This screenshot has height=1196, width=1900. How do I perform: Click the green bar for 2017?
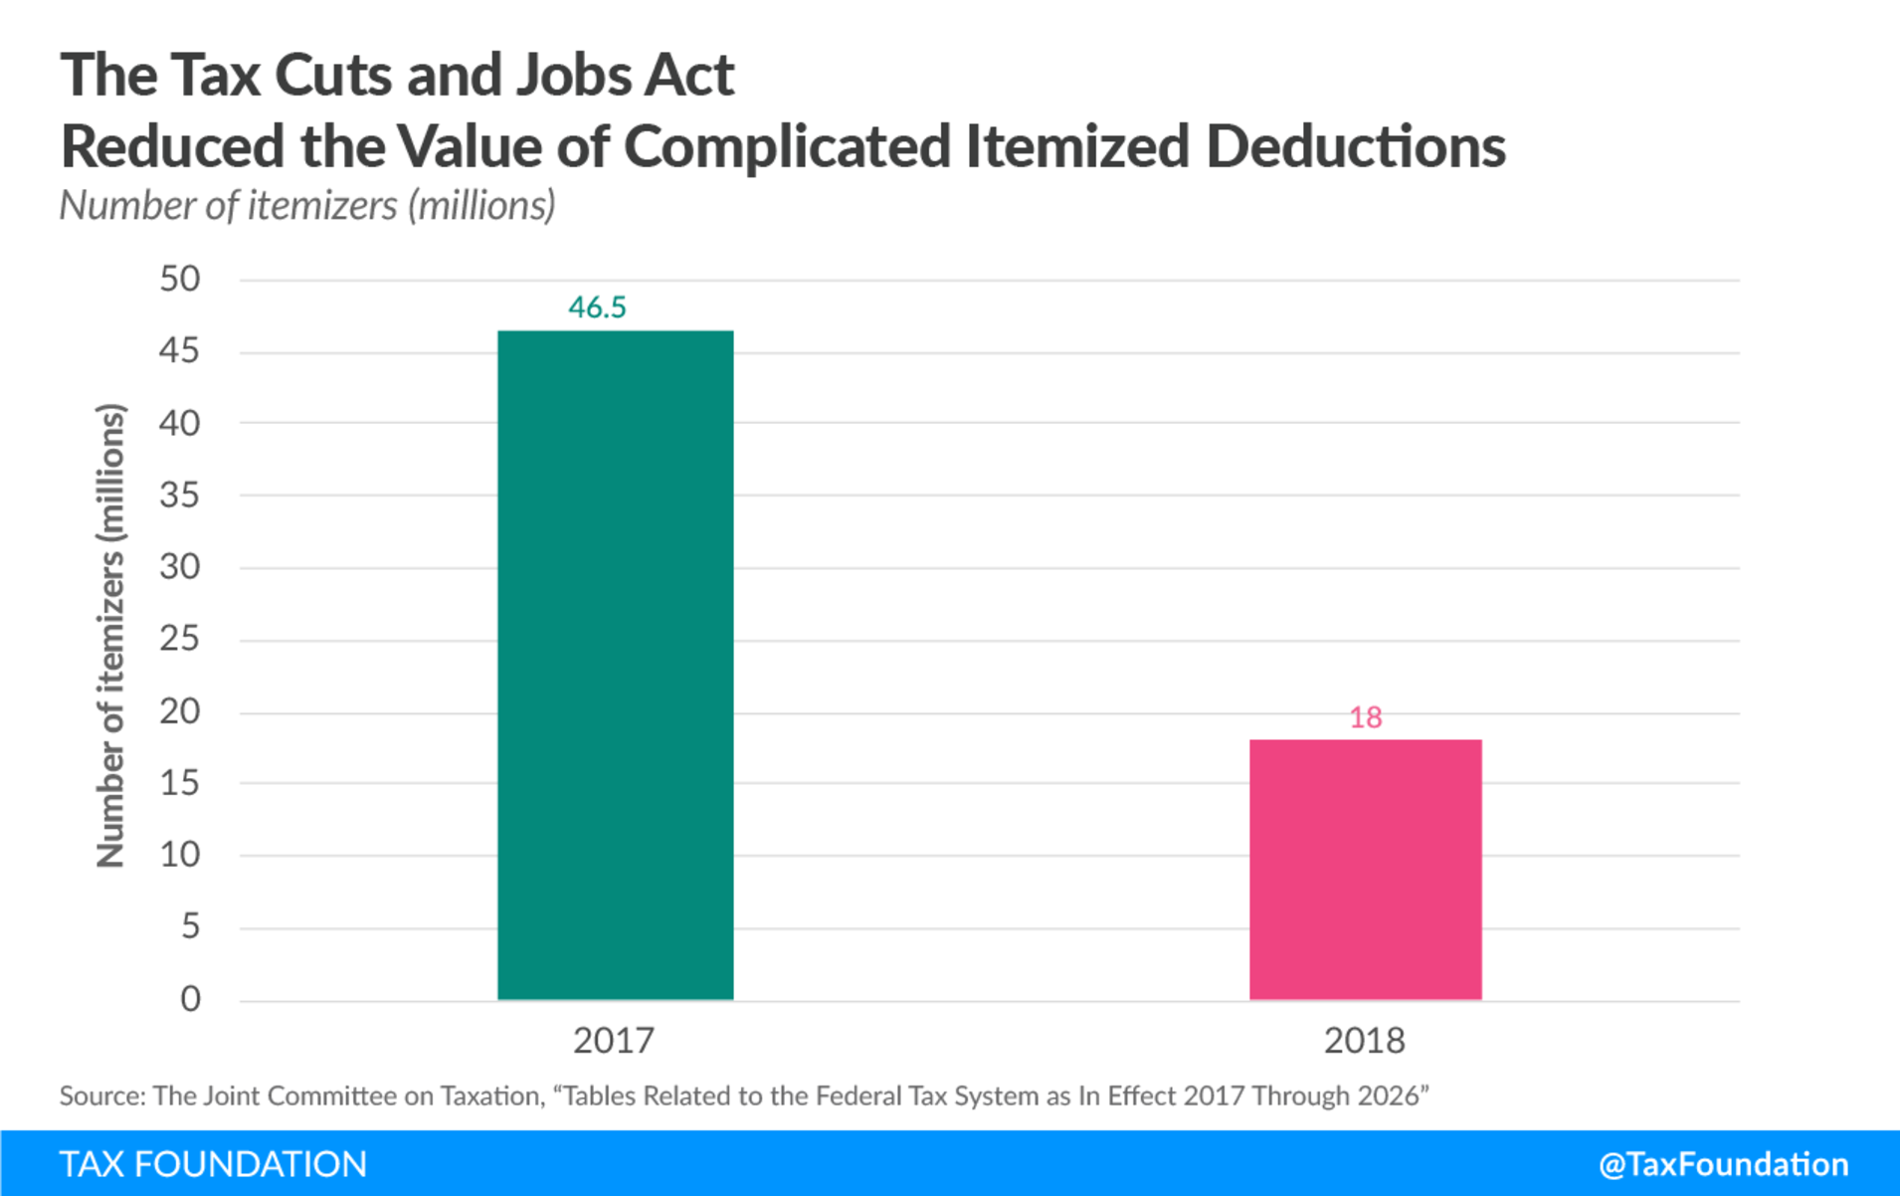pos(615,665)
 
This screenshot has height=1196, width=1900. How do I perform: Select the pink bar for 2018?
pos(1365,870)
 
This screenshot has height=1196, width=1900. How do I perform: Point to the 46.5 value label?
pos(597,307)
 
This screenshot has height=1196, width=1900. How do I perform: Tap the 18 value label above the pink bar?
pos(1365,717)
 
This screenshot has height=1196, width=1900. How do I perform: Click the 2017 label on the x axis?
pos(614,1041)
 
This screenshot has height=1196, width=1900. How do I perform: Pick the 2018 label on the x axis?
pos(1364,1041)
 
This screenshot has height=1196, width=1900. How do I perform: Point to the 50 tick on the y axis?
pos(180,279)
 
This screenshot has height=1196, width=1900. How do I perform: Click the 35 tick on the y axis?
pos(180,495)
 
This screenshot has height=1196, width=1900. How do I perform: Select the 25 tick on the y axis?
pos(180,639)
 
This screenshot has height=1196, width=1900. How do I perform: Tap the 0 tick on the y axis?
pos(190,999)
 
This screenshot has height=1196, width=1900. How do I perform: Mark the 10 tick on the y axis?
pos(180,855)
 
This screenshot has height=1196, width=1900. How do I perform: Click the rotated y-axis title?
pos(110,637)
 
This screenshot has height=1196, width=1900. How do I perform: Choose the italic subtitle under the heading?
pos(307,205)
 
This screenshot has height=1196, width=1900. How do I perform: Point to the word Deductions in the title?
pos(1355,147)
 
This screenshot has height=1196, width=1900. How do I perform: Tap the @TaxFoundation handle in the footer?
pos(1723,1164)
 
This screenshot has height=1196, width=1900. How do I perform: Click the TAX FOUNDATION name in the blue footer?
pos(213,1164)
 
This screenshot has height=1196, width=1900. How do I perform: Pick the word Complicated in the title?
pos(786,147)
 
